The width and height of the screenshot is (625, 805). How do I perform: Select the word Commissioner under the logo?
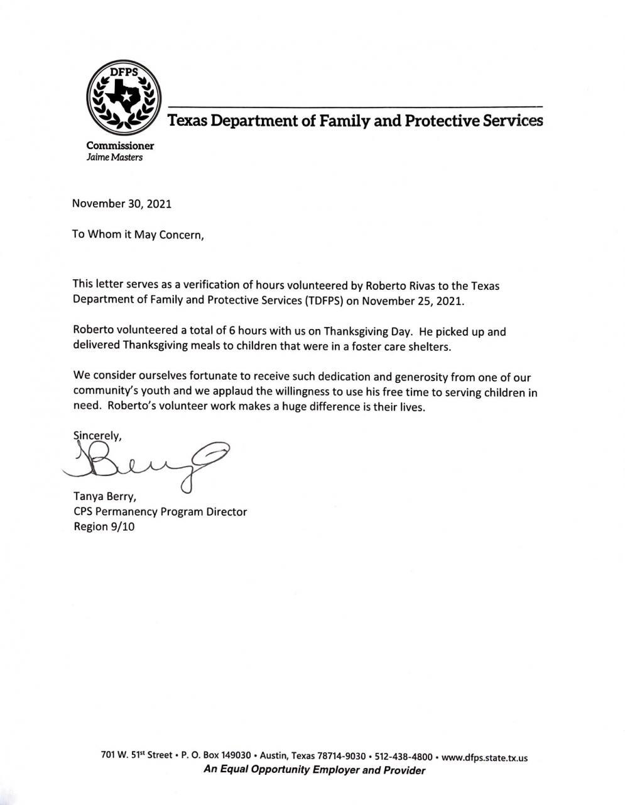point(120,145)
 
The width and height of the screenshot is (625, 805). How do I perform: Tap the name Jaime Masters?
point(114,157)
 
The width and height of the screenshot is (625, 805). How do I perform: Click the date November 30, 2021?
point(122,203)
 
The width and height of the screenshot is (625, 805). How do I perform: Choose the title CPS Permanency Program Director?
point(160,511)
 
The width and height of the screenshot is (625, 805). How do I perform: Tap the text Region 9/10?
point(104,526)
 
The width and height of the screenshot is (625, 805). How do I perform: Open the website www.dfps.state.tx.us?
point(485,757)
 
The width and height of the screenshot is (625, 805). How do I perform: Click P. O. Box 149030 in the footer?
point(216,755)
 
